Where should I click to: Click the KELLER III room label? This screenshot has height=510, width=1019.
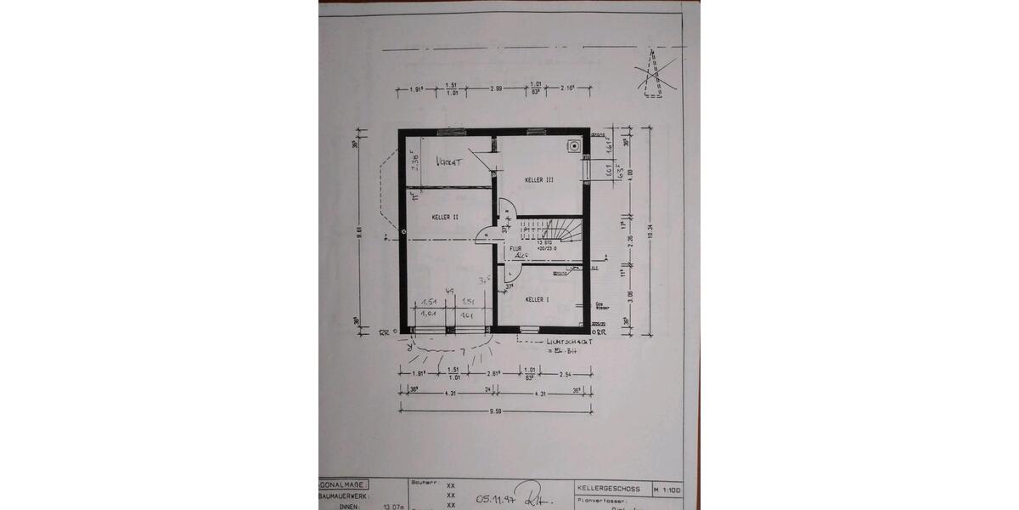point(539,180)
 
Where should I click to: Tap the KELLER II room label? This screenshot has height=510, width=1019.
point(445,218)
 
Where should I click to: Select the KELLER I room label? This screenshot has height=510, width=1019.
point(538,300)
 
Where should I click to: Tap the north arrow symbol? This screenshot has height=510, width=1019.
point(655,72)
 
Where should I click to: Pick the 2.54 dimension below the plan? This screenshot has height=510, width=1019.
point(566,373)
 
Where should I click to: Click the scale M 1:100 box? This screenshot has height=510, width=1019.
point(667,489)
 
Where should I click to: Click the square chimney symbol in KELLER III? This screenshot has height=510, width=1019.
point(575,145)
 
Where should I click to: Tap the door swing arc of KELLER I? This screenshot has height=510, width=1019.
point(511,272)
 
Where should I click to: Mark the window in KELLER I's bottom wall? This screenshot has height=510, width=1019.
point(528,328)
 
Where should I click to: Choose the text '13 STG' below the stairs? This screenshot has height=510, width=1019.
point(543,243)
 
